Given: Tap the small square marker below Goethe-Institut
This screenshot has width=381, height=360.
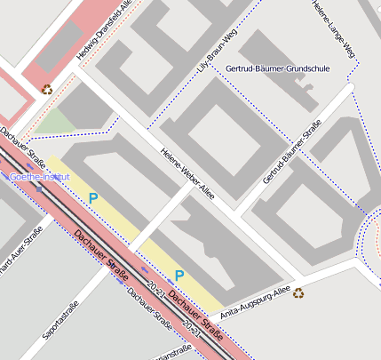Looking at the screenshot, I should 39,188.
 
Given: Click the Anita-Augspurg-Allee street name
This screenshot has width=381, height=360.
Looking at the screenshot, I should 255,302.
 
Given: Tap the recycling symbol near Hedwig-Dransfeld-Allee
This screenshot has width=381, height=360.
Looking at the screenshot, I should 46,88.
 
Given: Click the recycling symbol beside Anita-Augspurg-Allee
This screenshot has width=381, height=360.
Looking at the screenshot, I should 298,292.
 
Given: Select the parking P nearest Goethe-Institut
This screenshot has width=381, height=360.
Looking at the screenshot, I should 93,197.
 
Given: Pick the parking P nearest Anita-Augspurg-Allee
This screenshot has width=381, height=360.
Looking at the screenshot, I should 179,276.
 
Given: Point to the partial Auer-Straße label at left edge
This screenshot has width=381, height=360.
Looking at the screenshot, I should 20,252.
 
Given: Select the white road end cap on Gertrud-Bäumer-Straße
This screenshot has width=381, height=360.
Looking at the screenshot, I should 351,87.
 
